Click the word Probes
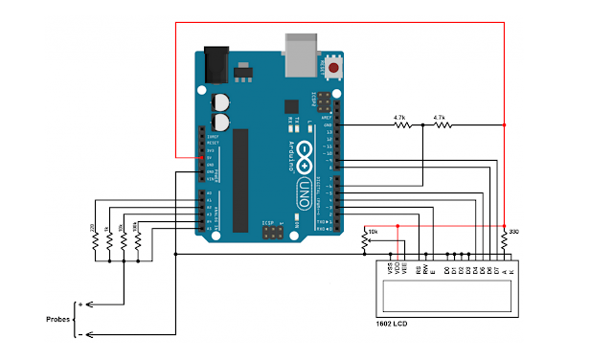[59, 319]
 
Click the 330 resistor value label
[514, 232]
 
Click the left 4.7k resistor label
[400, 118]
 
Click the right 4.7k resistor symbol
[440, 125]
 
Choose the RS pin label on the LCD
[419, 269]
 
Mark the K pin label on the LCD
[511, 269]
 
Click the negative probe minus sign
[80, 334]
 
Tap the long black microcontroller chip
[241, 178]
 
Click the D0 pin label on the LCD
[447, 269]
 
